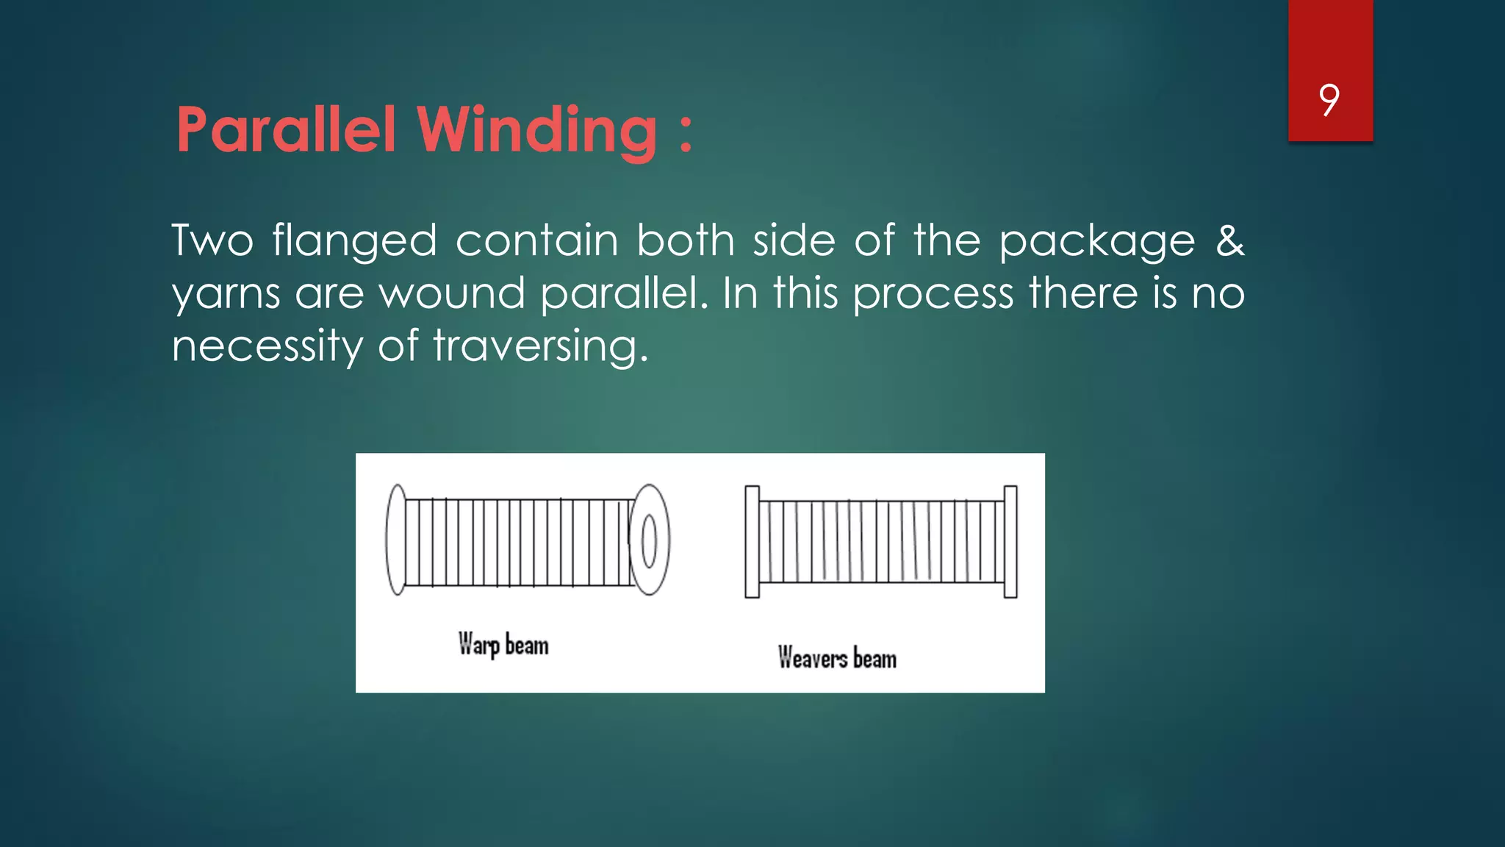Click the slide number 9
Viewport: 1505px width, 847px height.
(1329, 100)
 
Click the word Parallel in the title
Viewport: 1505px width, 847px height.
(286, 130)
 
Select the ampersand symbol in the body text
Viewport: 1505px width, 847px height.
(1229, 241)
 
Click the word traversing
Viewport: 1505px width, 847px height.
(541, 346)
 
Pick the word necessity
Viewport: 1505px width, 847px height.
(267, 346)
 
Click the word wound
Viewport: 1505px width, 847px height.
(452, 293)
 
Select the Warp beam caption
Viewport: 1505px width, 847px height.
(503, 645)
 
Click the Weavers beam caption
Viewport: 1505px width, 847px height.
(837, 657)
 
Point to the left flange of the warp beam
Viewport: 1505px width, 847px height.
(396, 540)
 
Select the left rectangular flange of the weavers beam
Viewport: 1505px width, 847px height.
(752, 541)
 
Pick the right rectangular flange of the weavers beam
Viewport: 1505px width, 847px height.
(1010, 541)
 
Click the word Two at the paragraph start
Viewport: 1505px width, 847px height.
(212, 241)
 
